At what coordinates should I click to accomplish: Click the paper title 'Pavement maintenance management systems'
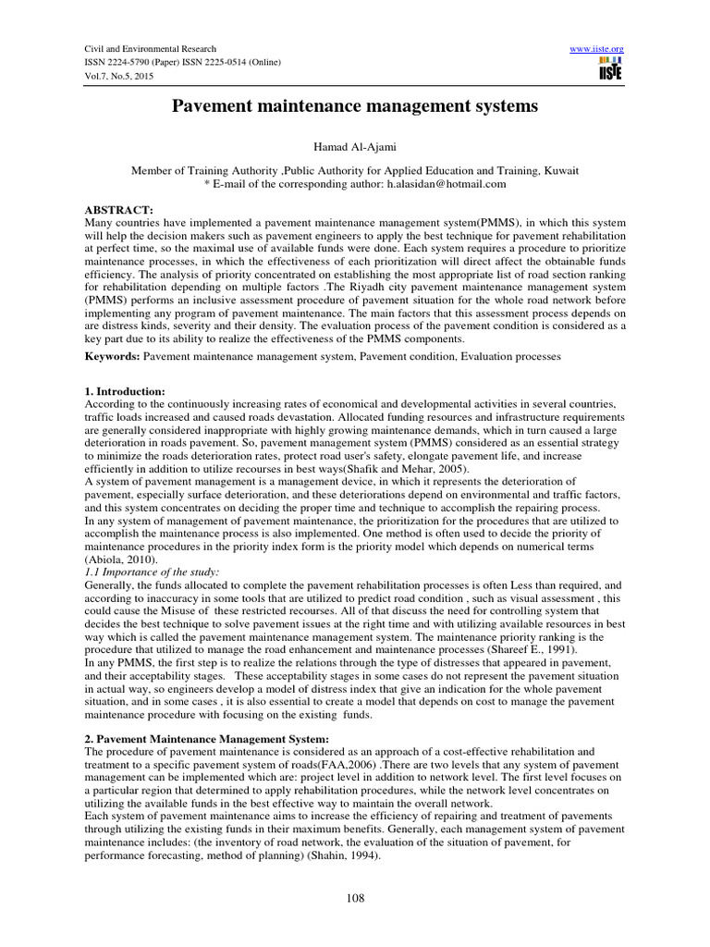(354, 107)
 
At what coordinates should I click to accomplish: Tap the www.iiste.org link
(599, 48)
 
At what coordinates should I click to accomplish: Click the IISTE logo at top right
(610, 67)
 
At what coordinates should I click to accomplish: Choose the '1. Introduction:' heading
(126, 392)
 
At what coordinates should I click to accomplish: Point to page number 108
(354, 897)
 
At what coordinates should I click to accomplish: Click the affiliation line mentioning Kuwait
(354, 171)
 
